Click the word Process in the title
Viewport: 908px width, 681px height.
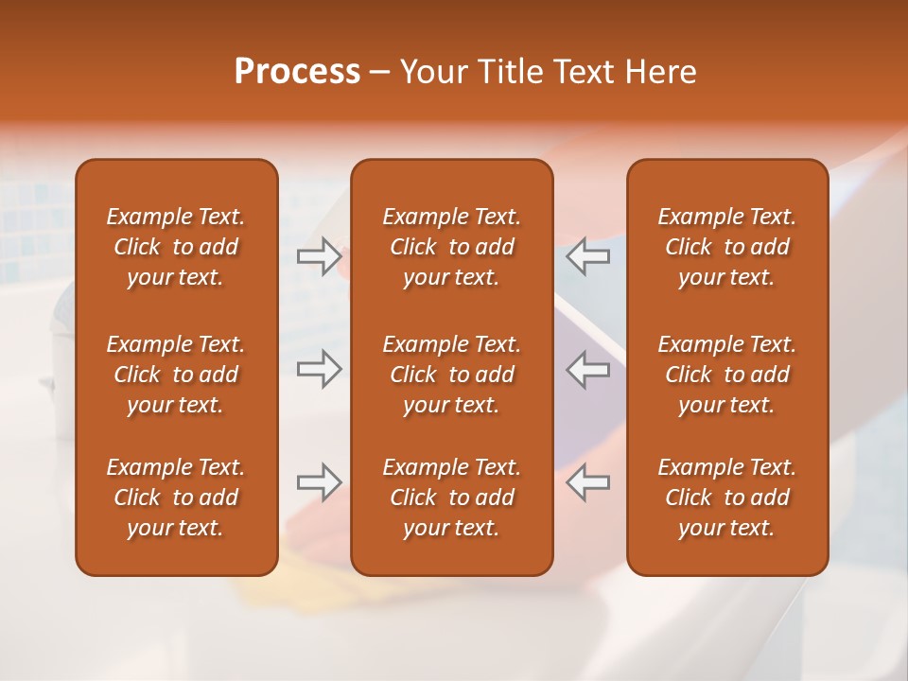point(297,72)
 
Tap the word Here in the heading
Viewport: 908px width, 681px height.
point(661,72)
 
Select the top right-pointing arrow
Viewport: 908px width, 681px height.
point(319,255)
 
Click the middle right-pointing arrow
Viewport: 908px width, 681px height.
point(319,369)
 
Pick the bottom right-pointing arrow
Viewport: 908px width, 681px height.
point(319,482)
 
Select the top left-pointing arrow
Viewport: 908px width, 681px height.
point(588,256)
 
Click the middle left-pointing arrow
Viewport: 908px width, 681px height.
point(588,369)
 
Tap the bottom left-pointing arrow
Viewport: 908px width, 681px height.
point(588,482)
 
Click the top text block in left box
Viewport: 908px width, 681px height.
point(176,247)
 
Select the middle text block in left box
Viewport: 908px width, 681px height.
point(176,375)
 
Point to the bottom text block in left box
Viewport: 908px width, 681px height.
point(176,498)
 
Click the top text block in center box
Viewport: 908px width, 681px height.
point(451,247)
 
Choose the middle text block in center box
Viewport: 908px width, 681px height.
point(451,375)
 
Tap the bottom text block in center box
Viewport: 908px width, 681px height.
point(451,498)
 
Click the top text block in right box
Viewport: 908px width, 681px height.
point(726,247)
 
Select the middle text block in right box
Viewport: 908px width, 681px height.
point(726,375)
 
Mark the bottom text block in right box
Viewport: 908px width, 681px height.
point(726,498)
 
